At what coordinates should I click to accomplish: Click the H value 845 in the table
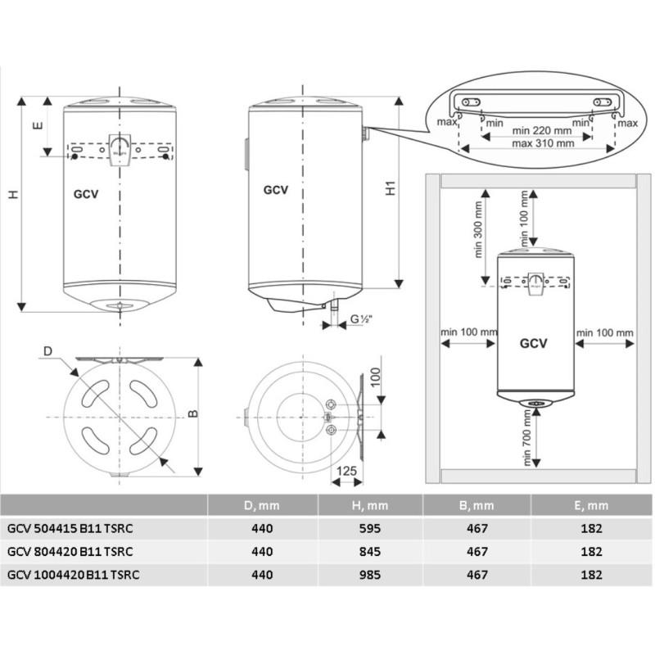[x=372, y=551]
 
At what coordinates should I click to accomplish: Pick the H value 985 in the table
[x=372, y=574]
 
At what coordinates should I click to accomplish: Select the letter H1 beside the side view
[x=391, y=187]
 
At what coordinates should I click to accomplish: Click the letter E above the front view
[x=36, y=127]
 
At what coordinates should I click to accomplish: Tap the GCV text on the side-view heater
[x=276, y=189]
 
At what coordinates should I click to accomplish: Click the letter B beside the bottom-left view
[x=192, y=414]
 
